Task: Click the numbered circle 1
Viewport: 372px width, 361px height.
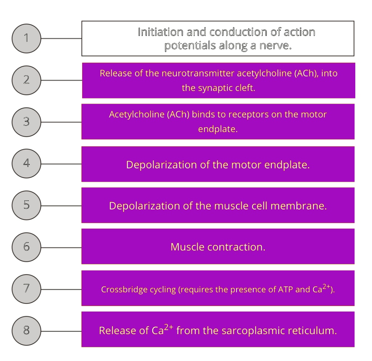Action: click(27, 38)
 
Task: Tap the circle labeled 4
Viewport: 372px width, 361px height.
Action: click(27, 163)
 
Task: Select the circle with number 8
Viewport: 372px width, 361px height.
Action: click(27, 330)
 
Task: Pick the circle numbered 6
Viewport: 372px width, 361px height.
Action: click(27, 247)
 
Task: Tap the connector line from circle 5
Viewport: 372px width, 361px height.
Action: click(61, 205)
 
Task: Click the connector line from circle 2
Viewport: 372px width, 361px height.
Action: click(61, 80)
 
